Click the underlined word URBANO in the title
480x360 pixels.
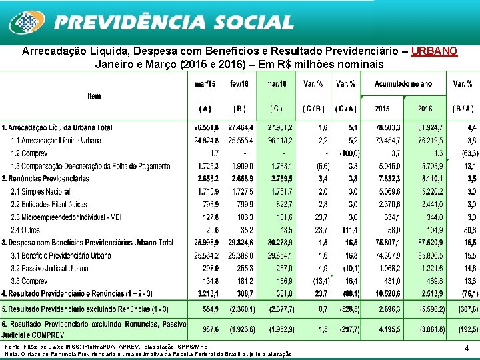point(434,51)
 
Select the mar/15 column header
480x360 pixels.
point(205,84)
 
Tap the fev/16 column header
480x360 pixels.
point(239,84)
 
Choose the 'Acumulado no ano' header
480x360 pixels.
point(403,84)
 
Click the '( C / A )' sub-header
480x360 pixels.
point(346,108)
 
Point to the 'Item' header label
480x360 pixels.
point(94,96)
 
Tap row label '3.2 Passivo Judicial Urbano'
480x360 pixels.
point(49,269)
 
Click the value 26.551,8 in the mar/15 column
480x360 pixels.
point(207,127)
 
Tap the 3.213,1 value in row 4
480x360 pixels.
point(207,293)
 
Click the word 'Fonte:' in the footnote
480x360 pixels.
point(13,347)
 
